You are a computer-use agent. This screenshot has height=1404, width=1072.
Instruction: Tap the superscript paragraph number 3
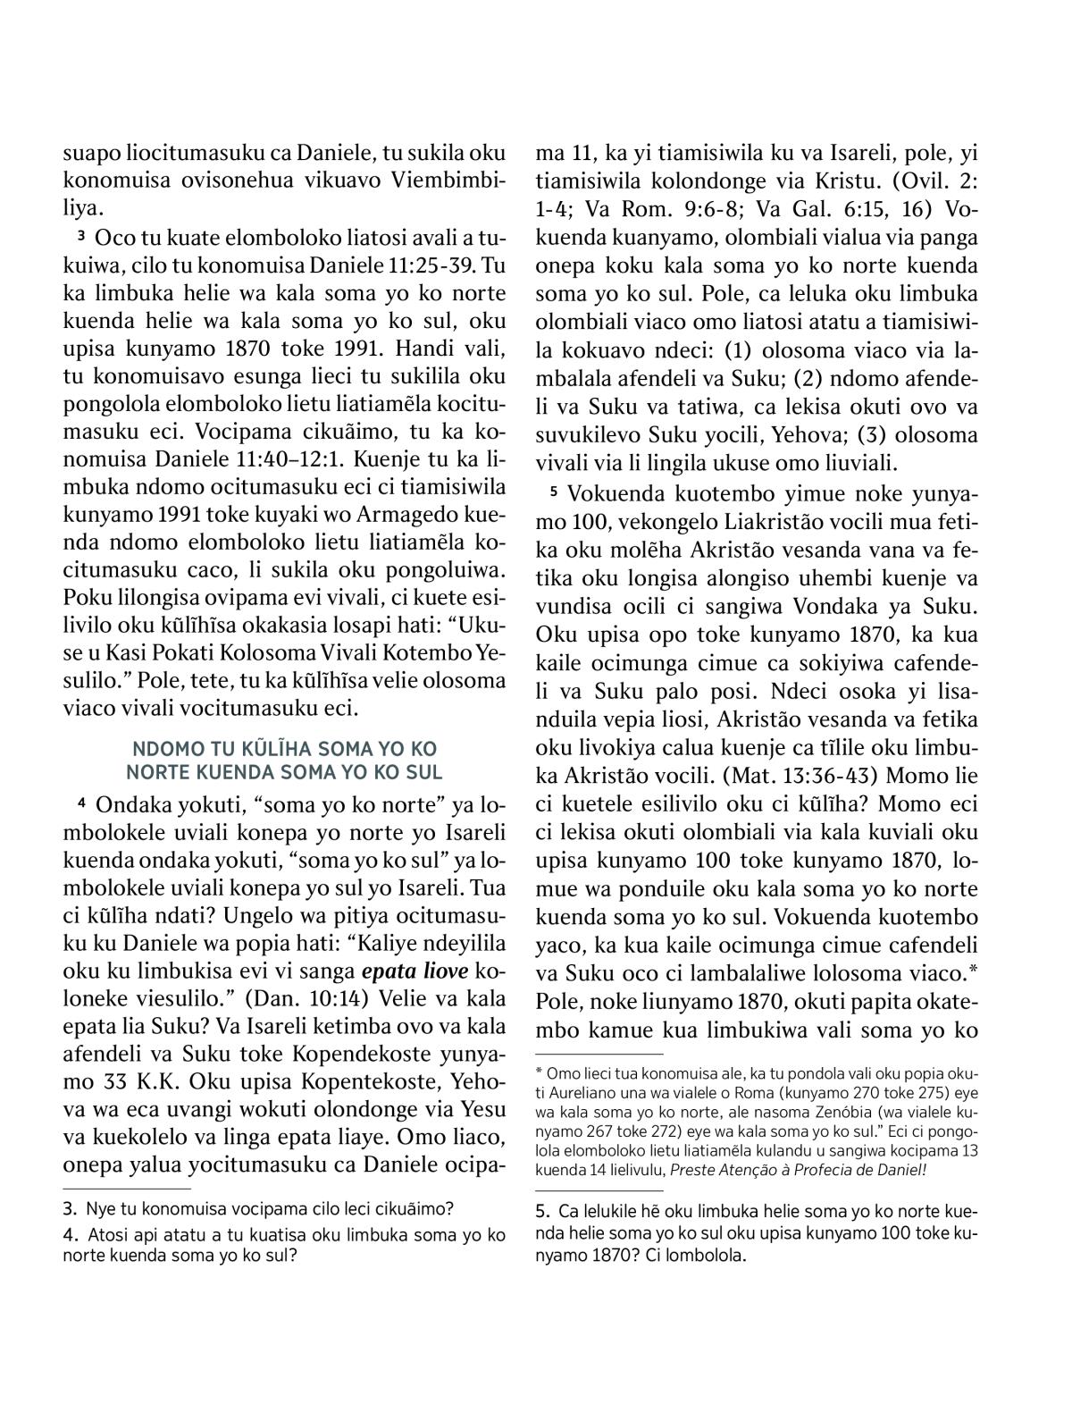click(x=80, y=236)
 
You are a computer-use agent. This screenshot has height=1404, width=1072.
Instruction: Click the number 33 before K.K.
click(x=107, y=1081)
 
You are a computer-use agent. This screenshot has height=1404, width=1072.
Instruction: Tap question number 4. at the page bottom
click(x=71, y=1236)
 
